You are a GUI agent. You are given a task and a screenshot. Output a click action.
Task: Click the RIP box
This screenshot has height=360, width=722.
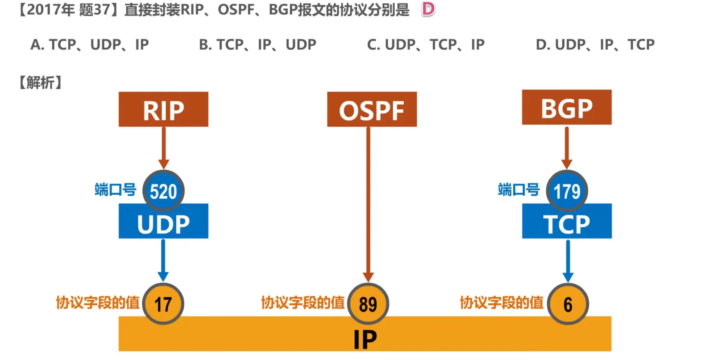click(x=163, y=109)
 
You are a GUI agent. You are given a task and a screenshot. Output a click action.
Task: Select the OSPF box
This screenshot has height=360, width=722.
click(x=372, y=109)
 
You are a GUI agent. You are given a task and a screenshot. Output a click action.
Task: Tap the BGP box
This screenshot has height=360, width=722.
click(x=566, y=107)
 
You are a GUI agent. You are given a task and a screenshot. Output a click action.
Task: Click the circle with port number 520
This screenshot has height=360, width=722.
click(x=163, y=191)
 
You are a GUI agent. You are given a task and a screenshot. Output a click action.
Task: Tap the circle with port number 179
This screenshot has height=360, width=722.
click(x=567, y=191)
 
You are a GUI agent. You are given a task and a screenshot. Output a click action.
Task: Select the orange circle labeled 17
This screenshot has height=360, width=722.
click(x=163, y=304)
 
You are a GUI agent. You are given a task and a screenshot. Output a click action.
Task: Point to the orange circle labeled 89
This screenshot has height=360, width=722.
click(x=368, y=304)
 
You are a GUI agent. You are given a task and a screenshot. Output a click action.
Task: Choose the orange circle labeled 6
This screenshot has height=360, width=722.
click(x=568, y=304)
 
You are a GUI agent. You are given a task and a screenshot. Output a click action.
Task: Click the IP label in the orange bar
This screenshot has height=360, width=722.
click(x=365, y=339)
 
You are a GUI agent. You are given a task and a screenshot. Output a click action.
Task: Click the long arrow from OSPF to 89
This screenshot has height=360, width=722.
click(x=368, y=204)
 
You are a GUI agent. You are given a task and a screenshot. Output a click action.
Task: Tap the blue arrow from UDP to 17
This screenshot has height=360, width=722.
click(x=163, y=260)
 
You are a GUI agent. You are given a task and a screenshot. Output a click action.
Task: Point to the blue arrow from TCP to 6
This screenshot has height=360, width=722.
click(x=568, y=260)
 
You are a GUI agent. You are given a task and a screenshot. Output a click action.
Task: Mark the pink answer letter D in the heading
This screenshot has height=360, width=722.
click(x=428, y=9)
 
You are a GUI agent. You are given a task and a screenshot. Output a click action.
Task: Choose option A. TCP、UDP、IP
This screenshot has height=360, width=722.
click(x=89, y=44)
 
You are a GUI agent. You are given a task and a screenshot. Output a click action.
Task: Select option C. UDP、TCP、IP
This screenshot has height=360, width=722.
click(x=426, y=44)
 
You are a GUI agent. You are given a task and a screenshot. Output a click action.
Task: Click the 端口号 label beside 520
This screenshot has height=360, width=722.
click(x=115, y=190)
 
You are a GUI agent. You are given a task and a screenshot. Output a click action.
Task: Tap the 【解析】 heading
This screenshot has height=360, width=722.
click(x=40, y=82)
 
